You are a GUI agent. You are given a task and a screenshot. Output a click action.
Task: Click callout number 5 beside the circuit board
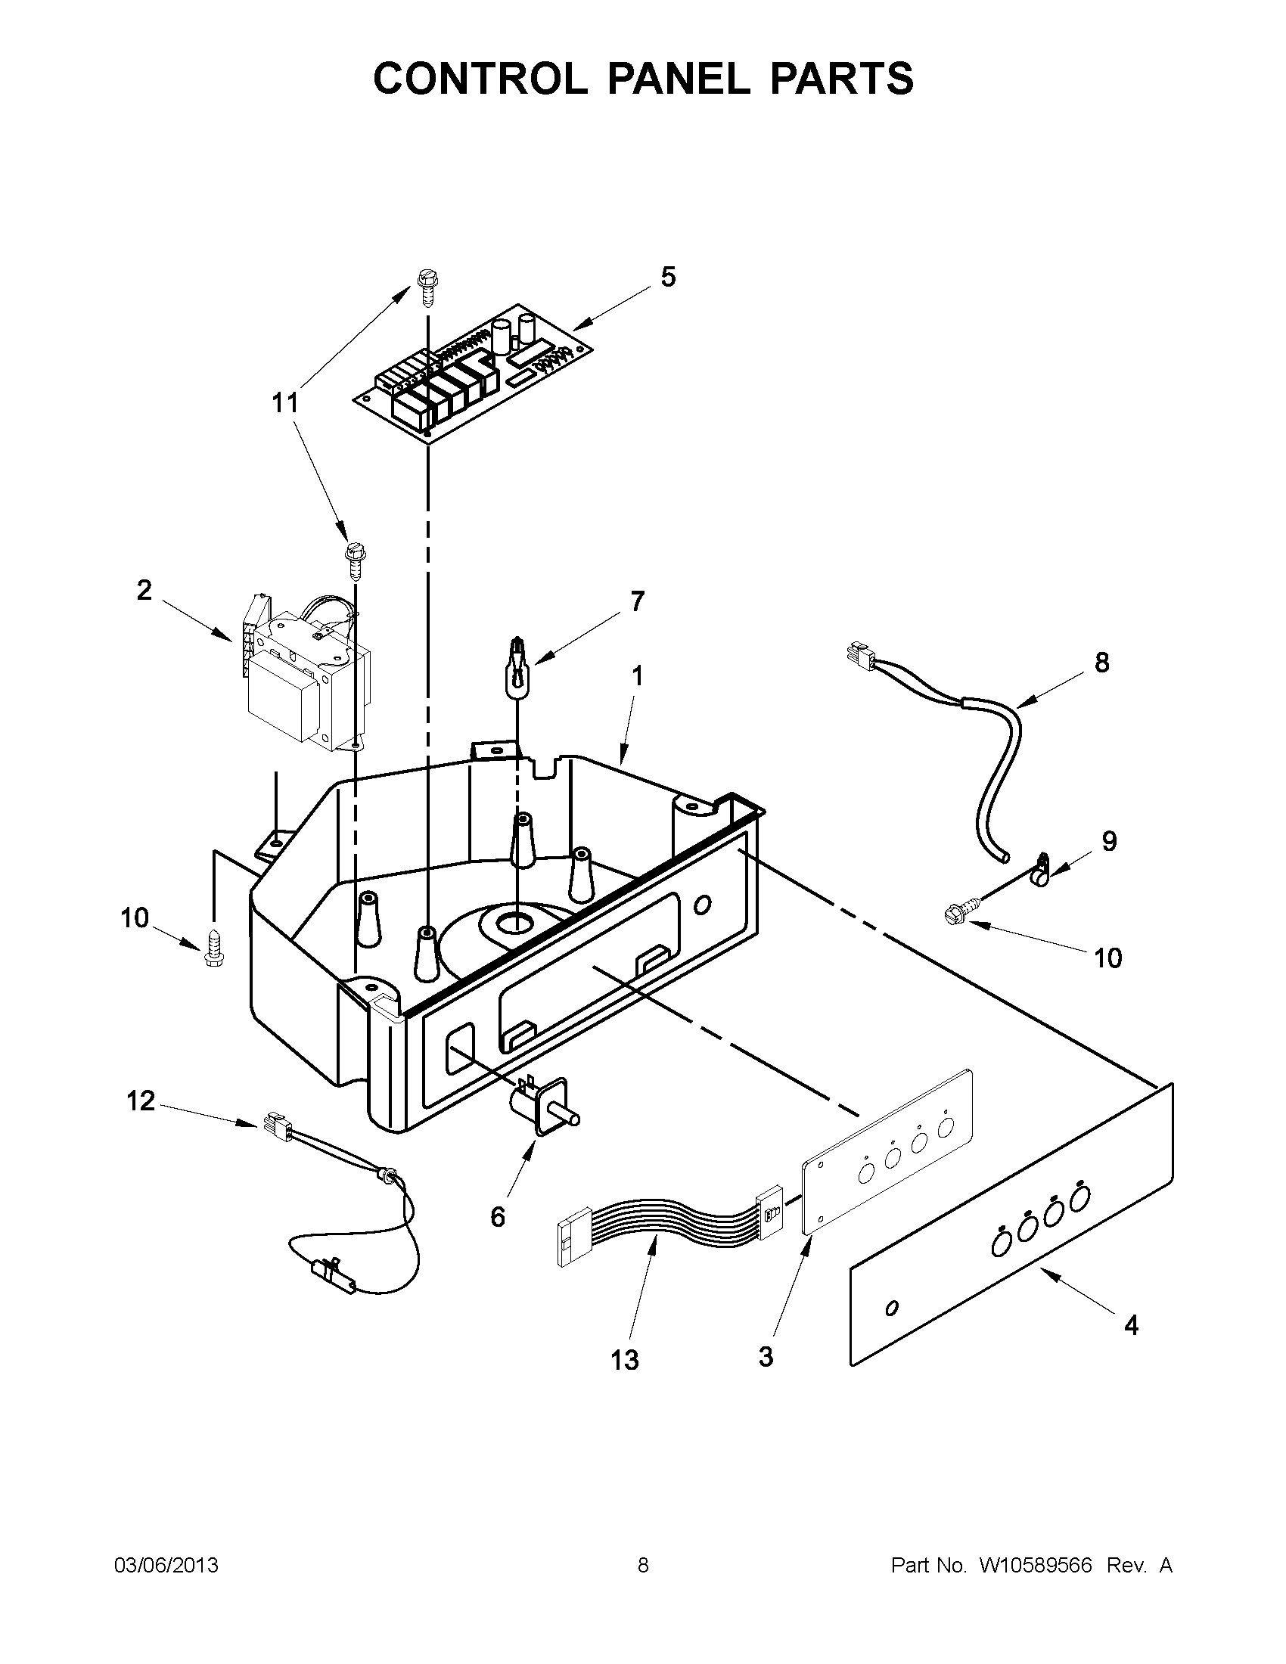(x=667, y=277)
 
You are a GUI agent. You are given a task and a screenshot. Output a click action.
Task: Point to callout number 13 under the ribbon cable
(x=624, y=1359)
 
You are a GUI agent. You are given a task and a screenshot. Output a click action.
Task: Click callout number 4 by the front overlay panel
(x=1132, y=1325)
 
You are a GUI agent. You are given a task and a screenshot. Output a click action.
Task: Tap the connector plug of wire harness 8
(x=858, y=653)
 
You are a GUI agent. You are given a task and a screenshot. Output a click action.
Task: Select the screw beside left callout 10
(x=213, y=948)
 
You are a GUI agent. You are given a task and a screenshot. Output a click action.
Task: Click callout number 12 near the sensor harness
(x=140, y=1101)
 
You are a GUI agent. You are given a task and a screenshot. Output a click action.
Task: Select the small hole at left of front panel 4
(x=892, y=1309)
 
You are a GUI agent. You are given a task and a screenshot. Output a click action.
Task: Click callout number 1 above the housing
(x=637, y=675)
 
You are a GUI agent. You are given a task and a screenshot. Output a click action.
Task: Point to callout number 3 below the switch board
(x=766, y=1356)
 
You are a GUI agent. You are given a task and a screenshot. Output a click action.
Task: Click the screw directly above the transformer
(x=353, y=560)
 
